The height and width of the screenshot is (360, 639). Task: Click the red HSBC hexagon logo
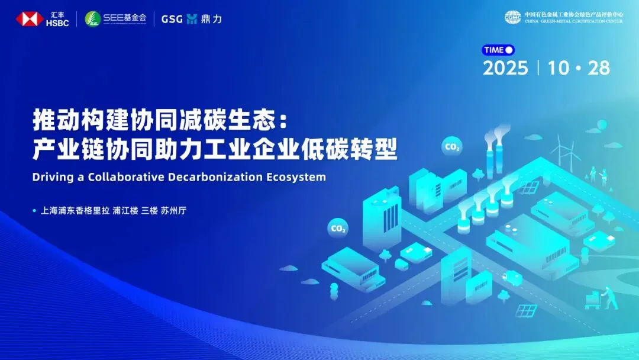click(x=30, y=19)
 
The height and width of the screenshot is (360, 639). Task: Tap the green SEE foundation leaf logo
click(x=92, y=19)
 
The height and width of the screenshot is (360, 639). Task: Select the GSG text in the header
click(x=172, y=19)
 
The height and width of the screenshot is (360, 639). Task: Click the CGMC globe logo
click(x=512, y=18)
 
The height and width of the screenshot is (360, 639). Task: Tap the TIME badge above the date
click(x=498, y=50)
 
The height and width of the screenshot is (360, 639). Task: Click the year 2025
click(x=505, y=68)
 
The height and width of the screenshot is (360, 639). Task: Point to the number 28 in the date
click(x=599, y=68)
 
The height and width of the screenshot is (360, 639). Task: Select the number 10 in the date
click(x=559, y=68)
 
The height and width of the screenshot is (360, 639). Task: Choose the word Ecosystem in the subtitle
click(x=296, y=178)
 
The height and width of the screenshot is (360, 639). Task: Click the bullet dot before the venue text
click(x=34, y=211)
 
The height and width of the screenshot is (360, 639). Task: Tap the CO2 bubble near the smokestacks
click(x=452, y=146)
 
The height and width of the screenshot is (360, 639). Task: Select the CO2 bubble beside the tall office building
click(x=338, y=229)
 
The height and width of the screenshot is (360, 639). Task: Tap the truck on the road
click(x=512, y=278)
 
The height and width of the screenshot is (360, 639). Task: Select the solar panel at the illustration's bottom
click(x=526, y=311)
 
